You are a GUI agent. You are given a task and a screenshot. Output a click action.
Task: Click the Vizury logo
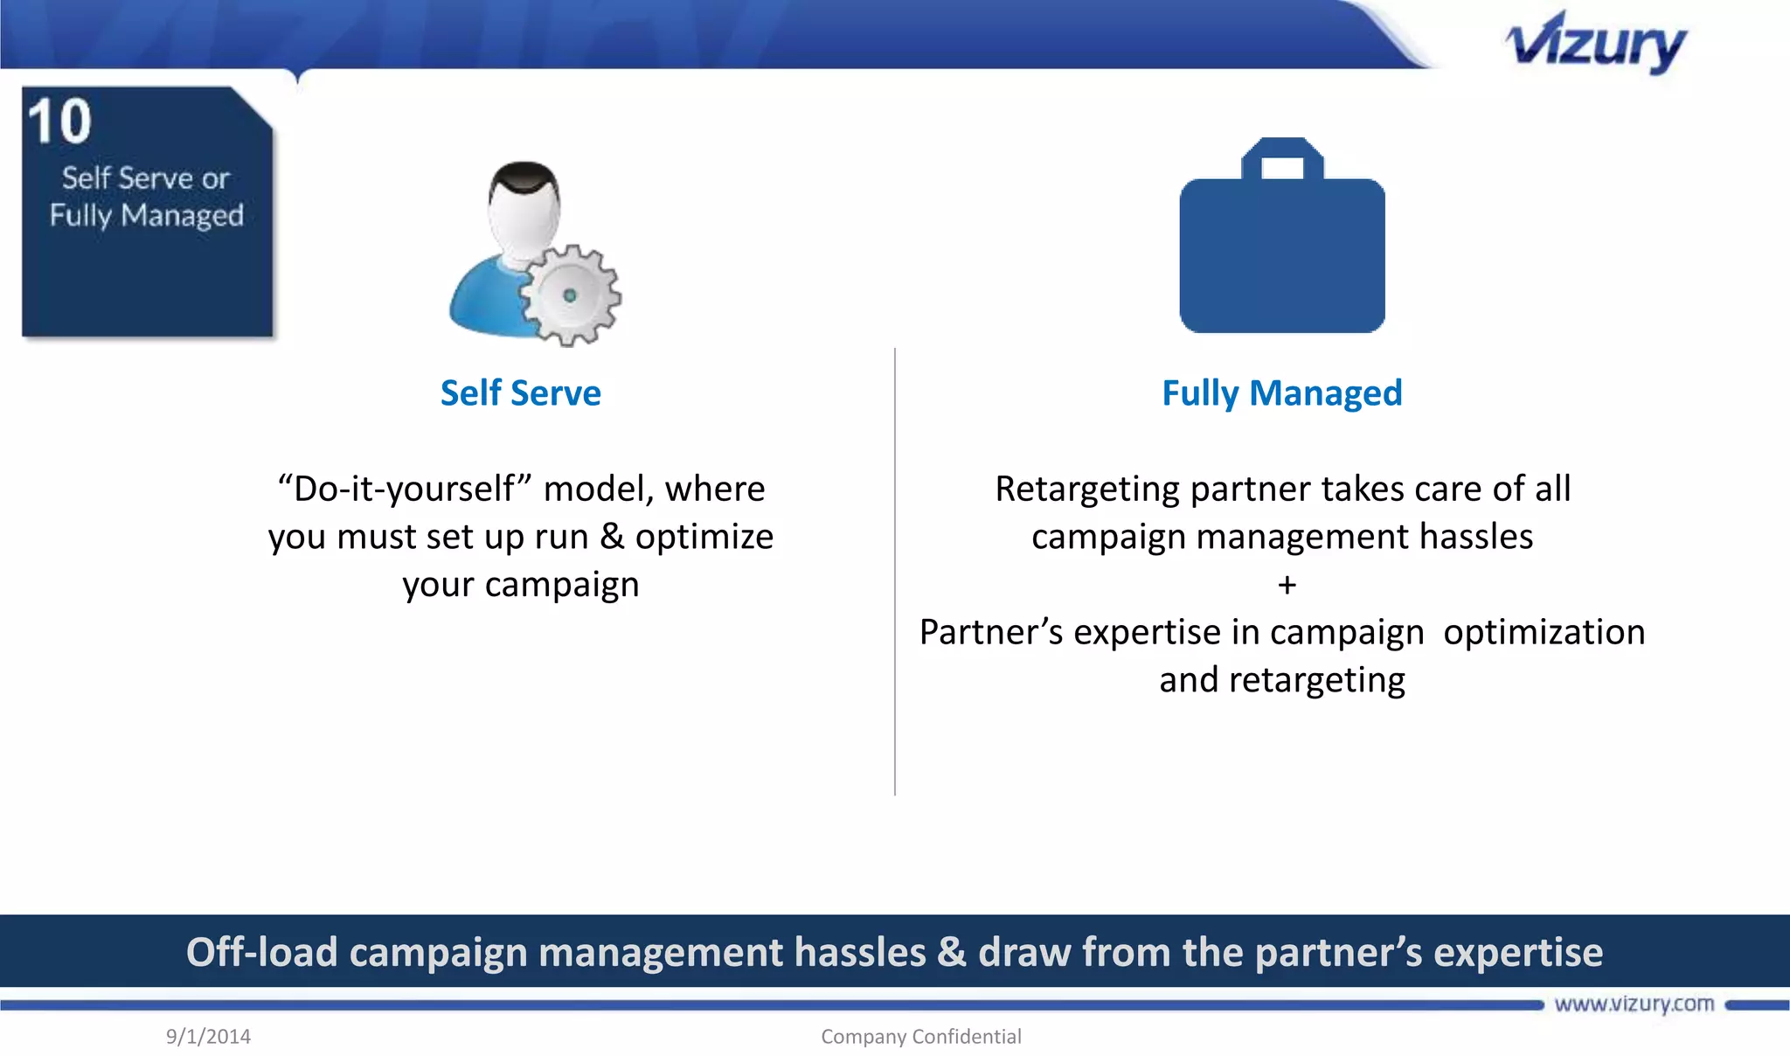coord(1596,44)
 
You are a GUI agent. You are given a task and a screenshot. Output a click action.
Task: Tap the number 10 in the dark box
coord(59,122)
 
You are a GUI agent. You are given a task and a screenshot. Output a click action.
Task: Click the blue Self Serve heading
coord(520,393)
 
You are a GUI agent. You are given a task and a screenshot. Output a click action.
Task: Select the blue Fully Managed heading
coord(1281,393)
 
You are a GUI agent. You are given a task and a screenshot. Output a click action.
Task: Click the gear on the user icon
coord(570,295)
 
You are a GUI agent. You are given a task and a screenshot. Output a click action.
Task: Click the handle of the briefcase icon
coord(1282,157)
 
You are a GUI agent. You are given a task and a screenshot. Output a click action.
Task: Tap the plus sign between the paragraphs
coord(1287,585)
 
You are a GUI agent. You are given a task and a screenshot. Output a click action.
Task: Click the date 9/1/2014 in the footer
coord(208,1037)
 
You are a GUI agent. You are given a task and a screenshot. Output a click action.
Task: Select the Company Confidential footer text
coord(920,1037)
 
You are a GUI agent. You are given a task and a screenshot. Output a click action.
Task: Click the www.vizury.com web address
coord(1634,1004)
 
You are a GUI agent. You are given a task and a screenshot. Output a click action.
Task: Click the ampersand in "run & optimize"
coord(612,537)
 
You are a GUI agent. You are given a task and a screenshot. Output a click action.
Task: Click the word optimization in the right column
coord(1544,632)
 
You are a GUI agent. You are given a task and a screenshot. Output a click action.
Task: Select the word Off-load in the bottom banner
coord(261,952)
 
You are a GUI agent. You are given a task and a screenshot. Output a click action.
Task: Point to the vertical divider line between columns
coord(895,568)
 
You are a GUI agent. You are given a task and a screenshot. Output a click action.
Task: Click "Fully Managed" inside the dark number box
coord(146,215)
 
